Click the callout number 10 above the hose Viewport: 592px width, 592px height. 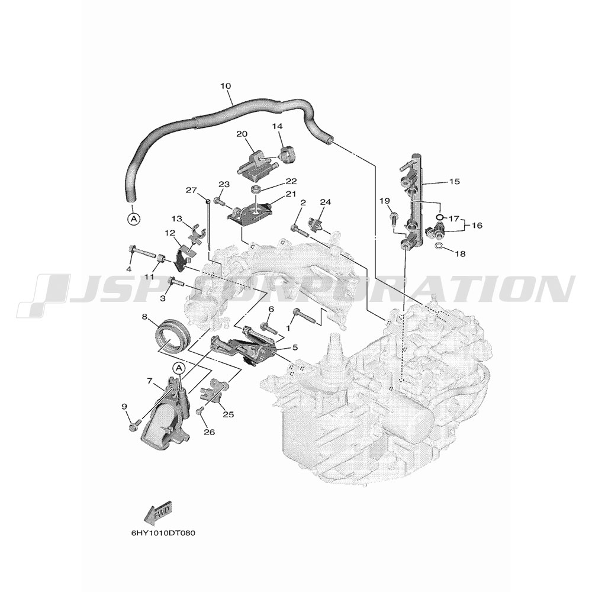[226, 86]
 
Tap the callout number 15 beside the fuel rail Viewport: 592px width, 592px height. [455, 182]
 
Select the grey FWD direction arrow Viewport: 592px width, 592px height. [159, 513]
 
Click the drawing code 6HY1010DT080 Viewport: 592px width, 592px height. [163, 533]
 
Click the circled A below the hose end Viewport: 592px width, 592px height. [133, 218]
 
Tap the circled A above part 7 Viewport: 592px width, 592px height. [179, 368]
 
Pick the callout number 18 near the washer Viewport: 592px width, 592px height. [460, 254]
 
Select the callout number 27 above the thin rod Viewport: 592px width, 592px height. [191, 190]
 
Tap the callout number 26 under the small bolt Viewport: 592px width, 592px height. [209, 431]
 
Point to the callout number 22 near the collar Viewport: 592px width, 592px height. [291, 181]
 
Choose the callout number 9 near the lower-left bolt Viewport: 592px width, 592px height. [124, 407]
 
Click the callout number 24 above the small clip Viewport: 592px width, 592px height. [325, 202]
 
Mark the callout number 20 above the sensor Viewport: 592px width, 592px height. [242, 134]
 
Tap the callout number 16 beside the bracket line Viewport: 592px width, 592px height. [477, 226]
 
